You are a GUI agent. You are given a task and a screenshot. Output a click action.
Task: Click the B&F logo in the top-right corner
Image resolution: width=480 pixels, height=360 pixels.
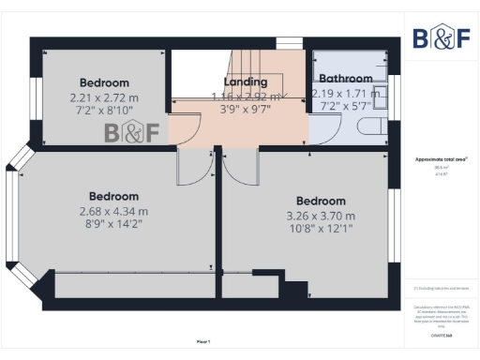coord(441,37)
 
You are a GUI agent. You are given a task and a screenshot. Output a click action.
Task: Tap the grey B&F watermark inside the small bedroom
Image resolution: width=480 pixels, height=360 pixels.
coord(131,132)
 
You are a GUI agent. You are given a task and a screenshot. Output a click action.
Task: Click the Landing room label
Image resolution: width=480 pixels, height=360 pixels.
coord(245,82)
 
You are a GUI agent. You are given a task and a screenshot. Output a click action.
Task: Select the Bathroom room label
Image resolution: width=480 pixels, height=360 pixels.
coord(346,79)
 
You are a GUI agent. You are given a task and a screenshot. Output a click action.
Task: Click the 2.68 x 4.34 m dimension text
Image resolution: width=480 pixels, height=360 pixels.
coord(114,211)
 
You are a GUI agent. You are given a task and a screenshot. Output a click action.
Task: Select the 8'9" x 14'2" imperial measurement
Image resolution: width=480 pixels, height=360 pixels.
coord(114,225)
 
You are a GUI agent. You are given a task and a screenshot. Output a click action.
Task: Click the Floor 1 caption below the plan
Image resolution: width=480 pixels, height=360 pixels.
coord(203,340)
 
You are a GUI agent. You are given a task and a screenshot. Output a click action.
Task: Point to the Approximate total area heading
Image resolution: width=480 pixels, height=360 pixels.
coord(441,160)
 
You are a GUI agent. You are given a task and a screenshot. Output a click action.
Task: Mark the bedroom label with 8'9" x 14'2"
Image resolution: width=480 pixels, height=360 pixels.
coord(114,196)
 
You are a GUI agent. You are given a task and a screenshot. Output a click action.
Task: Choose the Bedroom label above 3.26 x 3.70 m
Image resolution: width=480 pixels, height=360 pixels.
coord(321,201)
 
